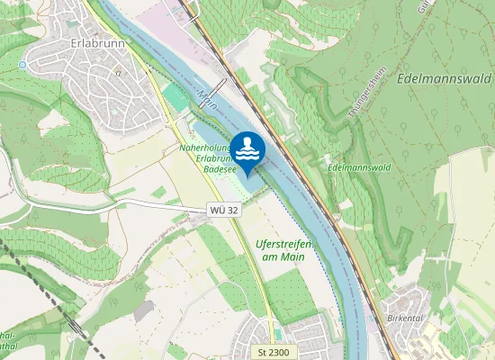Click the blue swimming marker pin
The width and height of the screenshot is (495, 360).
(248, 149)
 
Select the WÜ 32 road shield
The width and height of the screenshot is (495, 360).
(224, 210)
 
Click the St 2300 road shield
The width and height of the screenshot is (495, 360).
(271, 352)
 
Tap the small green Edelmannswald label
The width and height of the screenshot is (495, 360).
(358, 166)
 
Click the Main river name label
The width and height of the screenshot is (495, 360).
(208, 96)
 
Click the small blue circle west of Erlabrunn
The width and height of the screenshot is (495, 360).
(22, 65)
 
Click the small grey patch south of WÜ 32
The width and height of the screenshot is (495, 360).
(144, 311)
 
